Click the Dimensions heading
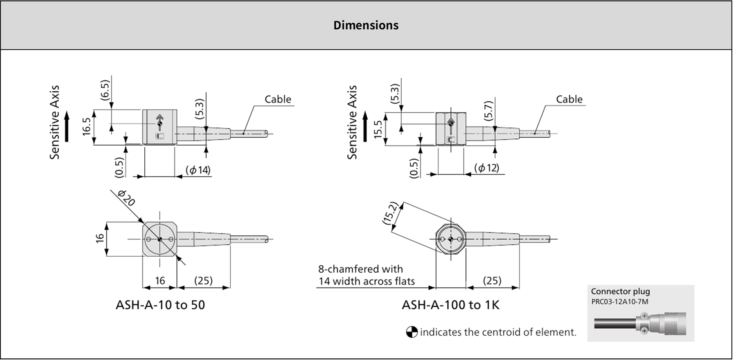click(x=366, y=25)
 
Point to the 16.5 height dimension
click(x=87, y=127)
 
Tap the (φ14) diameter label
click(x=198, y=170)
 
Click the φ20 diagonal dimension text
click(x=126, y=198)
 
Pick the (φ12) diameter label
click(x=487, y=168)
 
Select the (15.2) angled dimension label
click(x=390, y=214)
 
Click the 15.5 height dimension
click(x=378, y=129)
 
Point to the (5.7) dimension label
click(x=489, y=111)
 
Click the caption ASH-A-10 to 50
click(x=160, y=305)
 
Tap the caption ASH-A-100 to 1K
click(x=450, y=305)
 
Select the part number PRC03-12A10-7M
click(x=619, y=302)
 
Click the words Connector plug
click(x=620, y=292)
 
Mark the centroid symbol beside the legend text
click(x=411, y=332)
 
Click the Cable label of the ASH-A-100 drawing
click(x=569, y=99)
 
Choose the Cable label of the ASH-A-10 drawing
click(x=278, y=99)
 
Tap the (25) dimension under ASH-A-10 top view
click(x=203, y=281)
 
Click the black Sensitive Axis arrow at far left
click(x=67, y=126)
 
